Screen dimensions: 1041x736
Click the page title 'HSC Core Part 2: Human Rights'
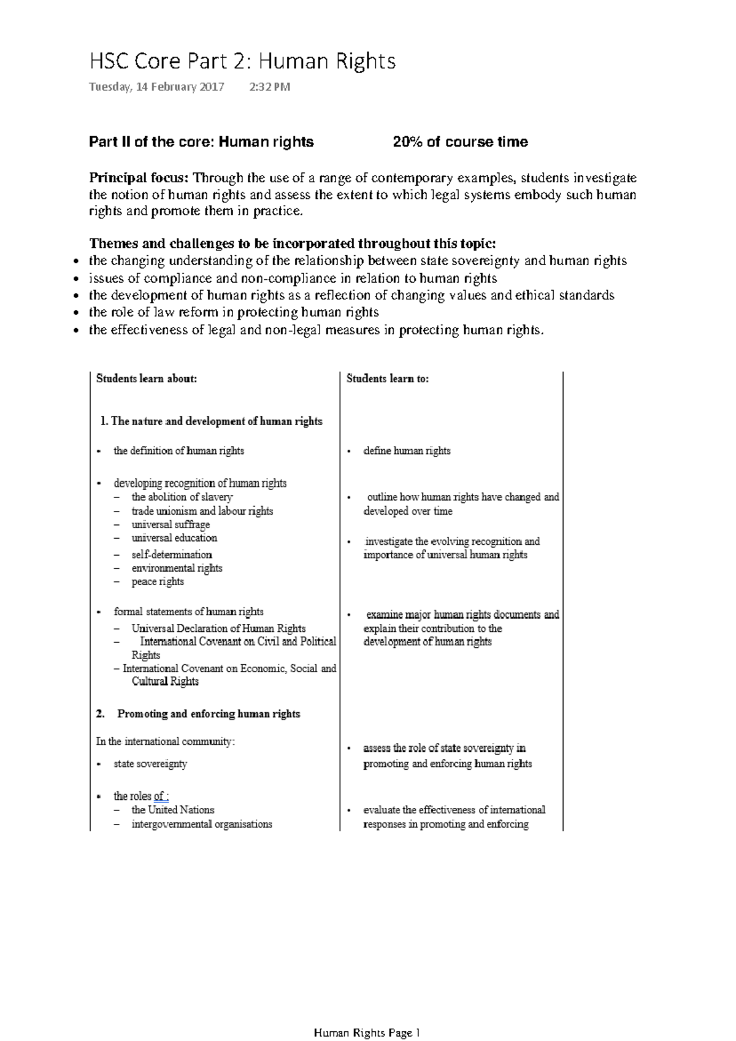tap(242, 61)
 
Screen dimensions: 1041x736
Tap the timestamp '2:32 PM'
tap(270, 87)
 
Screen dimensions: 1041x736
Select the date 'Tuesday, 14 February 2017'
tap(156, 87)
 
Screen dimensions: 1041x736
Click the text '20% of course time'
tap(460, 142)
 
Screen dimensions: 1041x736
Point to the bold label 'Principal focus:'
tap(139, 179)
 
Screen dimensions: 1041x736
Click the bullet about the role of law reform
tap(233, 312)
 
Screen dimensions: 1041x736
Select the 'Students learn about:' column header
tap(147, 379)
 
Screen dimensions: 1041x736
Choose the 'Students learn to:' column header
tap(388, 379)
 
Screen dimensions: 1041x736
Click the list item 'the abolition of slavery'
tap(182, 497)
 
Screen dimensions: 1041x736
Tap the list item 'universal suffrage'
tap(171, 525)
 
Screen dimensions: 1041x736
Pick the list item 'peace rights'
tap(158, 582)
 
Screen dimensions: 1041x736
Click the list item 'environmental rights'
tap(177, 568)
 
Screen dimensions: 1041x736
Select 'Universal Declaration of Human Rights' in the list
tap(218, 629)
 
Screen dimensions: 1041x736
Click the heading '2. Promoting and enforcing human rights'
tap(198, 714)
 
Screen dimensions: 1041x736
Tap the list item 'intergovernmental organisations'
tap(201, 824)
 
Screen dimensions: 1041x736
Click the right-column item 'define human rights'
tap(407, 451)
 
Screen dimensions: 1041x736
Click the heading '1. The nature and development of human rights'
tap(211, 421)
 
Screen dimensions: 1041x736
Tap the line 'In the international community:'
tap(165, 742)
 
